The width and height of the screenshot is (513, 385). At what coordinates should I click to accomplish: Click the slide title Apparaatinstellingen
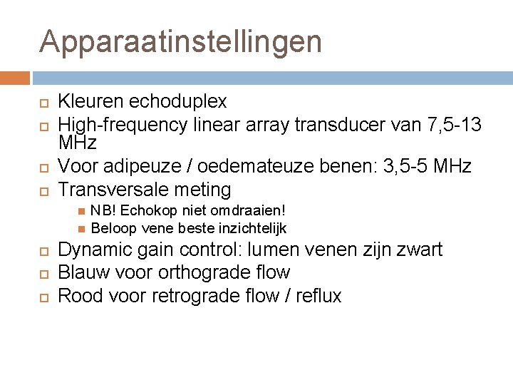click(181, 41)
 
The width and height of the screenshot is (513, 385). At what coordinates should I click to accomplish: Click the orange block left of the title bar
click(15, 78)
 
